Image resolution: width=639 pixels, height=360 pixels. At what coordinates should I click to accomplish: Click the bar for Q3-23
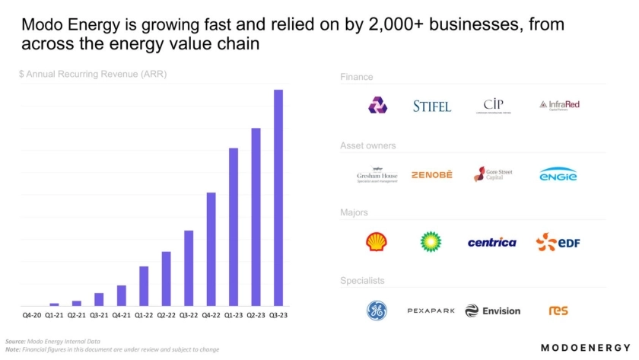click(278, 198)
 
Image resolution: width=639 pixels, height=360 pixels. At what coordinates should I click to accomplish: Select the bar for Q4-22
click(211, 249)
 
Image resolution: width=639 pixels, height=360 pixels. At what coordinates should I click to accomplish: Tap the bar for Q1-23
click(234, 227)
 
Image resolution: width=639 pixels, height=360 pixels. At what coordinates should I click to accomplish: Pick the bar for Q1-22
click(143, 286)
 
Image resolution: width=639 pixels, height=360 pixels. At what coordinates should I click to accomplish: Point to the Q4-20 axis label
click(32, 314)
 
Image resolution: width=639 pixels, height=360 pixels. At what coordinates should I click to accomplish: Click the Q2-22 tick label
click(166, 314)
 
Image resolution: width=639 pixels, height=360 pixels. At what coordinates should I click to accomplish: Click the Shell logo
click(376, 242)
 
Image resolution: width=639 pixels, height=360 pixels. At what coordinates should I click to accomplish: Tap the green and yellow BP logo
click(431, 242)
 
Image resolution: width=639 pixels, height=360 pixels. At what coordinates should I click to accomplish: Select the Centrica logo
click(491, 243)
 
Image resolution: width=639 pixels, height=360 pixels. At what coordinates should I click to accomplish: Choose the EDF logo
click(558, 243)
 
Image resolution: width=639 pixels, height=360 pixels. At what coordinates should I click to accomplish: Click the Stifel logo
click(432, 106)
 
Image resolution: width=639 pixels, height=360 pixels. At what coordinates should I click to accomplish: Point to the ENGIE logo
click(558, 175)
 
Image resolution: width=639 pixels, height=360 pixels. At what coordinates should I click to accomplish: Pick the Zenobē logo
click(431, 175)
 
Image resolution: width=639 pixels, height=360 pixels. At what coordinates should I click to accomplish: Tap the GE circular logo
click(377, 311)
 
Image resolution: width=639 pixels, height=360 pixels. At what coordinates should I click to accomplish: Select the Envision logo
click(492, 311)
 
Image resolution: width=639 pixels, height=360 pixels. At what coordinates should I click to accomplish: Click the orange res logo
click(558, 311)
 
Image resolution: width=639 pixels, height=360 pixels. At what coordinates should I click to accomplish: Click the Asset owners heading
click(368, 145)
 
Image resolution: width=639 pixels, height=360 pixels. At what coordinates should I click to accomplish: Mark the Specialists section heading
click(362, 281)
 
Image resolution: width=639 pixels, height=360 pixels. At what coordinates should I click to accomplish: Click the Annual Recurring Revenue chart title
click(93, 75)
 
